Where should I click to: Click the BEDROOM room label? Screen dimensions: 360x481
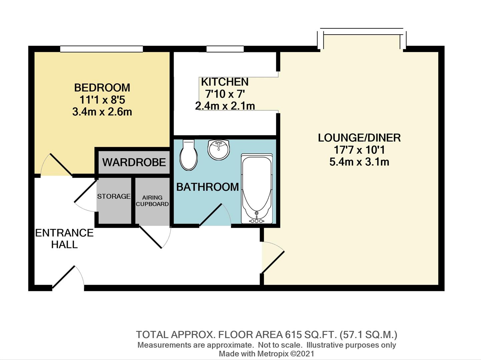tap(102, 88)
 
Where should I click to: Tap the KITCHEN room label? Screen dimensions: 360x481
tap(224, 82)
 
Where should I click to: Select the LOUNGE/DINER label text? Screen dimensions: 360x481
tap(359, 138)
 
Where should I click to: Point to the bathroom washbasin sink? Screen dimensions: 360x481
tap(219, 149)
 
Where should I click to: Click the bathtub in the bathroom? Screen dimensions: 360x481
tap(256, 187)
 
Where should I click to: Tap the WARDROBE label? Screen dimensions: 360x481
tap(134, 162)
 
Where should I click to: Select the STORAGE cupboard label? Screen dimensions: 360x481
tap(114, 196)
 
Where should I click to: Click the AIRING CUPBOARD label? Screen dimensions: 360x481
tap(152, 201)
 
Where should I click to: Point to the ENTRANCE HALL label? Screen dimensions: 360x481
tap(64, 238)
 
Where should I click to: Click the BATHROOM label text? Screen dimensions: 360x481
tap(207, 187)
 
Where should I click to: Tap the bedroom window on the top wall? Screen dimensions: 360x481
tap(101, 49)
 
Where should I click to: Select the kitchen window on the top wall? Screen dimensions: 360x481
tap(225, 49)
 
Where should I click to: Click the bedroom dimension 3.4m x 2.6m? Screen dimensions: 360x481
tap(102, 112)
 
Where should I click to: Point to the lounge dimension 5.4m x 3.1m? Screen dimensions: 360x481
tap(359, 162)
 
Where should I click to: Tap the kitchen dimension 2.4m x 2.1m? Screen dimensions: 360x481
tap(225, 106)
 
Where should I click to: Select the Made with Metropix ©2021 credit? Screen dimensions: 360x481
tap(266, 354)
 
